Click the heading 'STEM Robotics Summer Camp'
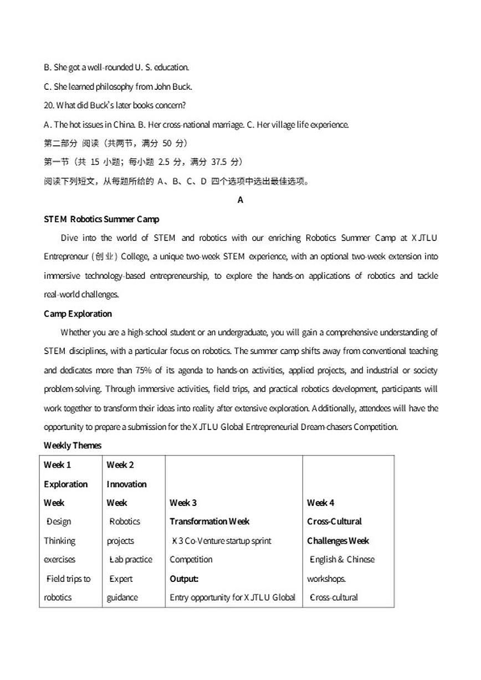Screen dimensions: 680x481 click(101, 219)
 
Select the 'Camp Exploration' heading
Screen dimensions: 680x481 click(78, 314)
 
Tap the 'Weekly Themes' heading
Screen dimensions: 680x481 click(73, 446)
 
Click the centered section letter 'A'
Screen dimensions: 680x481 click(240, 200)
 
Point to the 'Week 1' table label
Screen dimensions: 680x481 click(58, 465)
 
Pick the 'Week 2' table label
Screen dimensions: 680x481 click(120, 465)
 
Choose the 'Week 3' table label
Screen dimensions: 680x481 click(183, 503)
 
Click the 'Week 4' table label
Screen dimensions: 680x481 click(320, 503)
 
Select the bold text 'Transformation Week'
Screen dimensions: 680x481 click(209, 521)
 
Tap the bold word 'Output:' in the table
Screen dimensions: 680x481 click(184, 579)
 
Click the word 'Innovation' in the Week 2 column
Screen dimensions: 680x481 click(127, 484)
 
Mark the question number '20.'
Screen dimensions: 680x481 click(49, 105)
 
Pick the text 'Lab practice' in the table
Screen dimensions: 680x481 click(131, 560)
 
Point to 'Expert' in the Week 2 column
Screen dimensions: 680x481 click(121, 579)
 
